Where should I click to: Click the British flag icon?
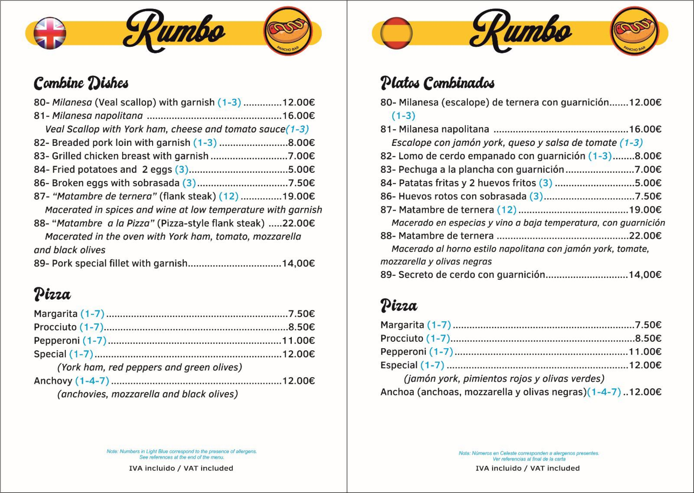pos(50,33)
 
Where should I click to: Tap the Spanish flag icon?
pos(396,33)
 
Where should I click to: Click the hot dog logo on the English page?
pos(287,31)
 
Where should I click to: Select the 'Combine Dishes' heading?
pos(81,83)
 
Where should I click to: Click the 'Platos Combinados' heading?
pos(437,83)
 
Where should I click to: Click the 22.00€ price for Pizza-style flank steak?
pos(298,223)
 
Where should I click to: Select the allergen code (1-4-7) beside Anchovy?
pos(92,381)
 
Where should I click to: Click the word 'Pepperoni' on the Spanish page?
pos(403,352)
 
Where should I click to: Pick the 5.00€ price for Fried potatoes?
pos(301,169)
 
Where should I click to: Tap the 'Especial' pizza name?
pos(399,365)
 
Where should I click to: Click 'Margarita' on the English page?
pos(56,314)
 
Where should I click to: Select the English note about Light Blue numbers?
pos(182,454)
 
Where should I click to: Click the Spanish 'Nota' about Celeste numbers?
pos(529,456)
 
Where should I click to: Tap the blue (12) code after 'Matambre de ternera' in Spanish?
pos(507,210)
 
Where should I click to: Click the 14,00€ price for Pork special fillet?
pos(298,263)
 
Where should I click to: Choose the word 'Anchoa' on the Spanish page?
pos(397,392)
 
